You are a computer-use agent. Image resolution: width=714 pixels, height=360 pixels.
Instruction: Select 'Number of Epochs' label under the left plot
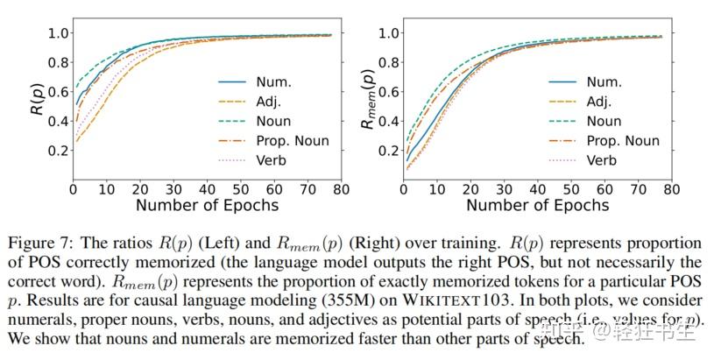click(x=207, y=206)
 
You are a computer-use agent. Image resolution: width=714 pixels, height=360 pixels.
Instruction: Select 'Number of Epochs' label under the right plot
click(x=537, y=206)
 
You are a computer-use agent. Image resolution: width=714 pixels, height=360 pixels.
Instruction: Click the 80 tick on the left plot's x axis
click(x=342, y=189)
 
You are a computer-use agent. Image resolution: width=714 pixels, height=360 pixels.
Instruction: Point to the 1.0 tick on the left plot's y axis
click(x=56, y=33)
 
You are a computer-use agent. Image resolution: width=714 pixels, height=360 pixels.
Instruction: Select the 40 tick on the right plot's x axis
click(x=537, y=189)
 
